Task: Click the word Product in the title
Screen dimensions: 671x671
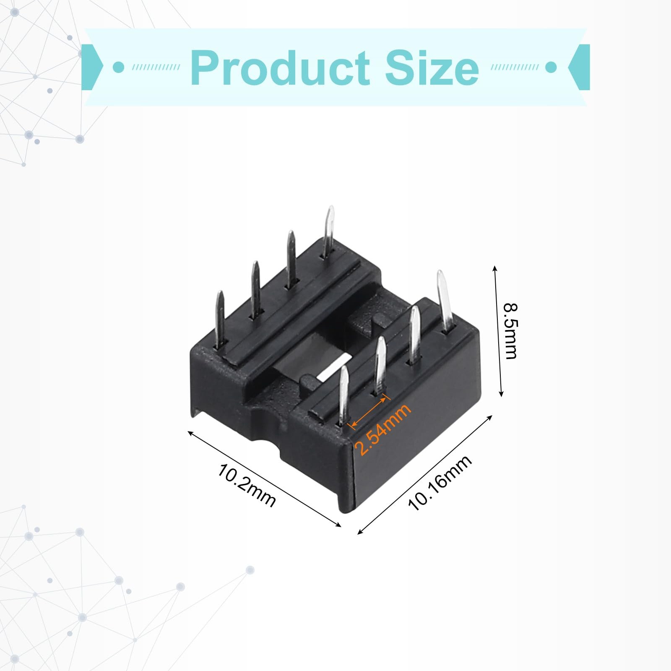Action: click(280, 67)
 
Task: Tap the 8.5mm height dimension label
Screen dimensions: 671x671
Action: click(511, 331)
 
